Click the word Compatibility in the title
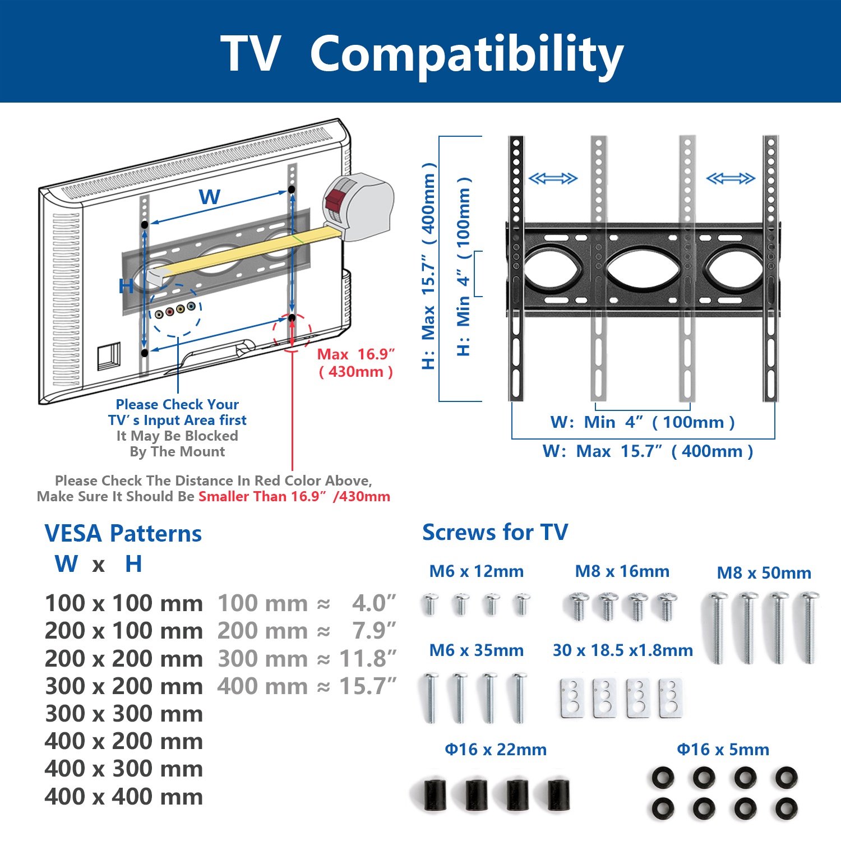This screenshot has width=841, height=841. click(466, 55)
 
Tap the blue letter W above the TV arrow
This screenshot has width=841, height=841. click(210, 197)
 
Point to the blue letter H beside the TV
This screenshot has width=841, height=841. click(126, 287)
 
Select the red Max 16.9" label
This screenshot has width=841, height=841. click(356, 354)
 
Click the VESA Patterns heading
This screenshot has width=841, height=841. click(123, 533)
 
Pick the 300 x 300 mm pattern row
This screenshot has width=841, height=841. click(124, 714)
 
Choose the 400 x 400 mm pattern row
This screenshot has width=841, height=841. click(124, 797)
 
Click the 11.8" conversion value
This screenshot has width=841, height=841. click(368, 659)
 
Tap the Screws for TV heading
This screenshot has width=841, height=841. click(495, 532)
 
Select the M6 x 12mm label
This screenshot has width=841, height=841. click(477, 571)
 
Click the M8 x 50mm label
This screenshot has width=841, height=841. click(764, 573)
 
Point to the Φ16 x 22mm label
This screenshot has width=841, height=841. click(496, 750)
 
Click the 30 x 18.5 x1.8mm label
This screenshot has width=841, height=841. click(623, 650)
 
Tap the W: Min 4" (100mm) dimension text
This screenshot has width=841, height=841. click(643, 422)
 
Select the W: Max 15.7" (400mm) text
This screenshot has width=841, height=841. click(648, 451)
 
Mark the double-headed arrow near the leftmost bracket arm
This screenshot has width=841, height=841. click(553, 179)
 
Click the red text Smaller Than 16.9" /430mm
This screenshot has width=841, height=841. click(294, 497)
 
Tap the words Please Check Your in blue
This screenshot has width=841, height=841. click(177, 404)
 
